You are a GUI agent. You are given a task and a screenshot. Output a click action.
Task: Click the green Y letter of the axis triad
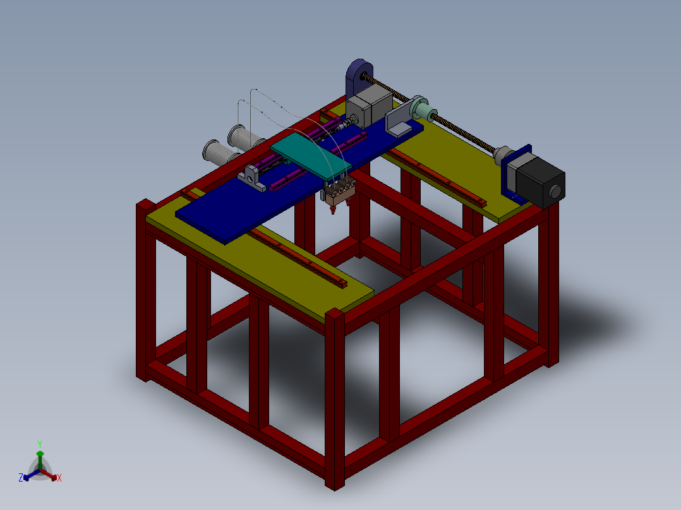point(39,443)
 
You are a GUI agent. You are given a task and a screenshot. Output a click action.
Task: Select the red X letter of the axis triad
point(59,478)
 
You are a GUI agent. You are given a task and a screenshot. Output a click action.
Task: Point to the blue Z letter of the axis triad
point(21,478)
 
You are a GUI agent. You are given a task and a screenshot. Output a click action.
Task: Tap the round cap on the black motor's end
point(556,191)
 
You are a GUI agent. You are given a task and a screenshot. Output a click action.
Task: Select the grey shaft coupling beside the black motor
point(503,154)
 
